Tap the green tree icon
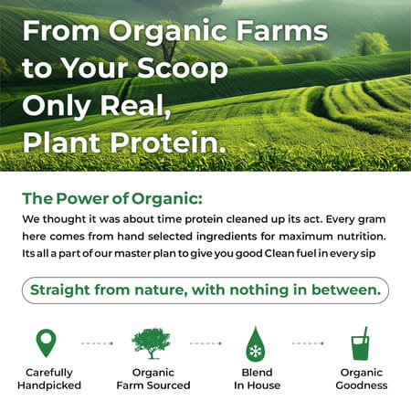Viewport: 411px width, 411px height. coord(151,343)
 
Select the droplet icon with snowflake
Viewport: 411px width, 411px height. coord(256,344)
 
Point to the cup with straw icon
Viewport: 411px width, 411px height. coord(362,344)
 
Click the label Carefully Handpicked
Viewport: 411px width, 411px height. coord(49,378)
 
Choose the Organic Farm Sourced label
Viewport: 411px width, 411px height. coord(153,378)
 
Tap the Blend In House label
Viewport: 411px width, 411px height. coord(256,378)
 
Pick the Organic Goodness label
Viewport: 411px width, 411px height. coord(363,378)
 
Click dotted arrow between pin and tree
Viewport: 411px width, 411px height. coord(97,344)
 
